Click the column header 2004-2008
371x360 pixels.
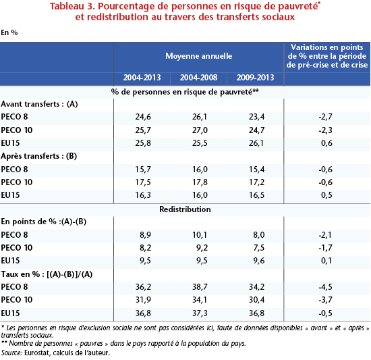point(198,78)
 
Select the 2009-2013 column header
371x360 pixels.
point(255,78)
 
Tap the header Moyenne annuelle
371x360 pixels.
point(199,56)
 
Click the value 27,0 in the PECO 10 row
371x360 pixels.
point(200,130)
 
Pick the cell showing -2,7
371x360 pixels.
point(325,117)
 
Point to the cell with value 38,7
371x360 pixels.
point(200,287)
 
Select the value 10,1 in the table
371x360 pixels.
point(200,235)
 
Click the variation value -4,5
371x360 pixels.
point(325,287)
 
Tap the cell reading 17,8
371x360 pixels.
point(200,182)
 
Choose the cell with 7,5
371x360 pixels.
point(259,247)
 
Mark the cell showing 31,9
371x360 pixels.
point(143,300)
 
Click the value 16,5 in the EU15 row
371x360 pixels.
point(256,195)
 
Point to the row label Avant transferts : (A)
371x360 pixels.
point(39,104)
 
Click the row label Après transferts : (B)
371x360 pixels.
point(39,156)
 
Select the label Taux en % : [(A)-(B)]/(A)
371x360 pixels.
point(47,274)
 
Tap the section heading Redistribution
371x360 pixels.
point(185,209)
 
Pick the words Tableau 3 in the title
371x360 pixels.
point(72,6)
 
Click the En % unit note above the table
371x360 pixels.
point(9,32)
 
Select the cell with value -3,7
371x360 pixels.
point(325,300)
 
